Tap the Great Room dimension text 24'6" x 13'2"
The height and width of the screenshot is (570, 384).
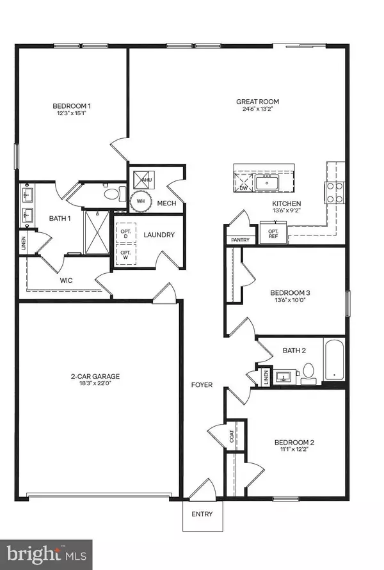258,109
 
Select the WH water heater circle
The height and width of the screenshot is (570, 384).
139,201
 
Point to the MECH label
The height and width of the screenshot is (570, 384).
166,203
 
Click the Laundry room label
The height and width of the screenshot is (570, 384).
159,235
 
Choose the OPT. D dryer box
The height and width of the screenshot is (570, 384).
126,234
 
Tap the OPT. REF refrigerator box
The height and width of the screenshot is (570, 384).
273,232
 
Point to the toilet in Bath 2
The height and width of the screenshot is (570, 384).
308,372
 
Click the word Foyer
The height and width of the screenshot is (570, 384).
202,385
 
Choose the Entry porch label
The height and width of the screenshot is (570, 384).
202,514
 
